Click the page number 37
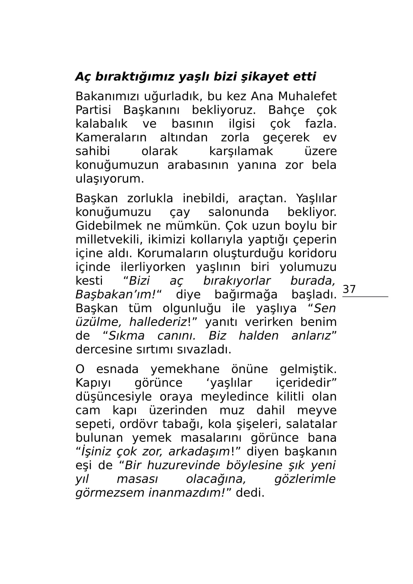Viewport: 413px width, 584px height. (349, 289)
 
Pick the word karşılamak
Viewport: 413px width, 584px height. (241, 151)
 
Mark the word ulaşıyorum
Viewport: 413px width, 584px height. (110, 179)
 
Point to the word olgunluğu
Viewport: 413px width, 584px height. (191, 308)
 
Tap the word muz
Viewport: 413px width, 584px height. (232, 411)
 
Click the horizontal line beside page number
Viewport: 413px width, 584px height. (365, 297)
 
